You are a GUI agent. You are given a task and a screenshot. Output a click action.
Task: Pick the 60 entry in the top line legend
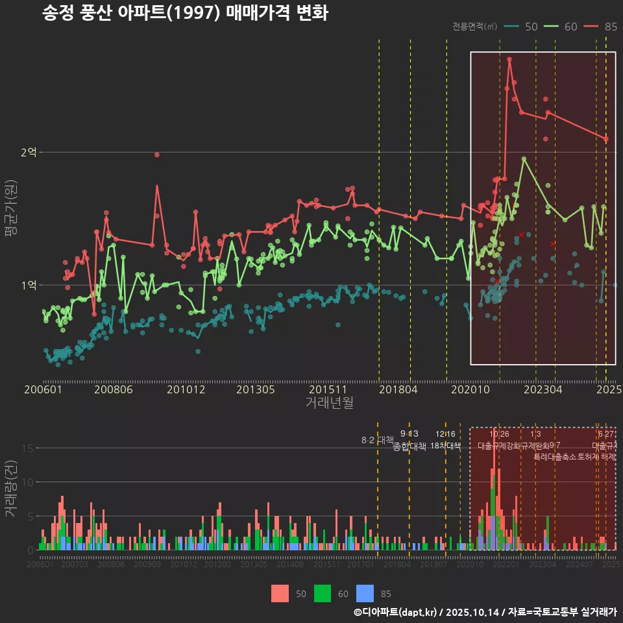[561, 27]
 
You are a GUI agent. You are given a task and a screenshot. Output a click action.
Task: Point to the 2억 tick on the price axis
[29, 152]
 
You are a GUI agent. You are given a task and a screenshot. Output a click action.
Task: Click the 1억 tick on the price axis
[29, 285]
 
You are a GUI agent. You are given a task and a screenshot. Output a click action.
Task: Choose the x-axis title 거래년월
[329, 403]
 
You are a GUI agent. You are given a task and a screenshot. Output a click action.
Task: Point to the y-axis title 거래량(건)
[11, 489]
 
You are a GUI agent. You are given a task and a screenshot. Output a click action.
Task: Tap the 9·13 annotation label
[409, 434]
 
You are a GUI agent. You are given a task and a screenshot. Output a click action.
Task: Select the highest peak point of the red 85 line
[509, 59]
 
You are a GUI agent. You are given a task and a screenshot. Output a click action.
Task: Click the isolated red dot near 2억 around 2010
[157, 154]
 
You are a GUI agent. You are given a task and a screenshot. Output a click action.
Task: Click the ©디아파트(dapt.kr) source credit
[396, 612]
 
